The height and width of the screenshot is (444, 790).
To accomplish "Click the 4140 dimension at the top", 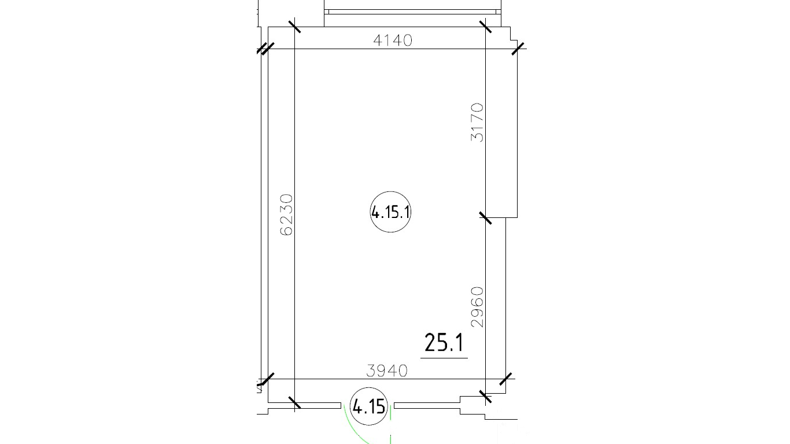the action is coord(393,40).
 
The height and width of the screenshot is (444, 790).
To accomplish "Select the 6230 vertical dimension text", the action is coord(286,214).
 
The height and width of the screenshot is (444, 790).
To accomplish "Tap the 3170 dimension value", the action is coord(477,123).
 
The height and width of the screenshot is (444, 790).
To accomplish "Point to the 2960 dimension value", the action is coord(477,307).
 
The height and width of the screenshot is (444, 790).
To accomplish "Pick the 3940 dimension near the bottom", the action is coord(387,371).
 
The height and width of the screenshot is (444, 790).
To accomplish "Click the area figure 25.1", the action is coord(444,343).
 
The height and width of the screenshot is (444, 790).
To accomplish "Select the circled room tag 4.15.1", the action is coord(390,212).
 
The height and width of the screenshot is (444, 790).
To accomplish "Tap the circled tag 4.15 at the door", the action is coord(369,406).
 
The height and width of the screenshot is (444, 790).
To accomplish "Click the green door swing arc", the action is coord(357,431).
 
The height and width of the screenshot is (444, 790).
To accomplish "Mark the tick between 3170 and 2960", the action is coord(485,217).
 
